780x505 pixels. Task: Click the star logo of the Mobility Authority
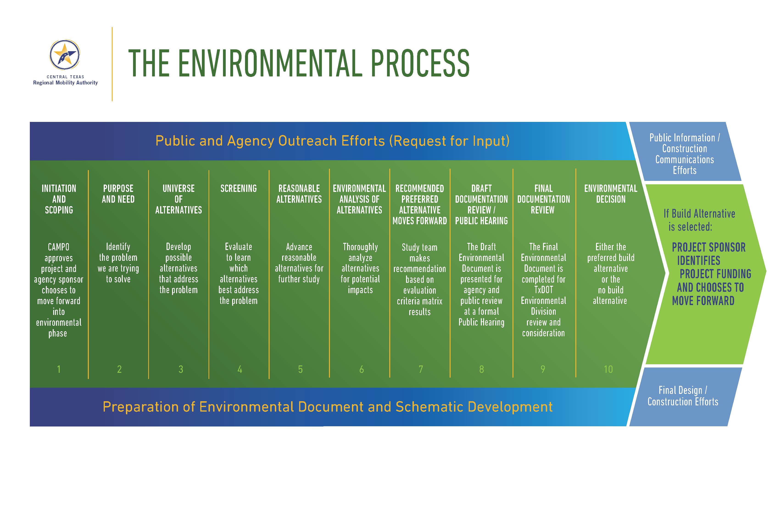pos(65,55)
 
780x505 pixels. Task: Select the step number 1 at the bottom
pos(59,369)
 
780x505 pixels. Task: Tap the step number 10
pos(608,369)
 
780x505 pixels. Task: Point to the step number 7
pos(421,369)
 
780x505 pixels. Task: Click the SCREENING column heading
pos(238,188)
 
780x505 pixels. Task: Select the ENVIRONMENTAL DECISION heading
pos(610,194)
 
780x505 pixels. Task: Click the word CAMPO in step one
pos(59,247)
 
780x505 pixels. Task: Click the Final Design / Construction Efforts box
pos(683,396)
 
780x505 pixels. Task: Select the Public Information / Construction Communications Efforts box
pos(684,154)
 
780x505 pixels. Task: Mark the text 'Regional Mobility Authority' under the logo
pos(65,83)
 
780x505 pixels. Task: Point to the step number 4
pos(240,369)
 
